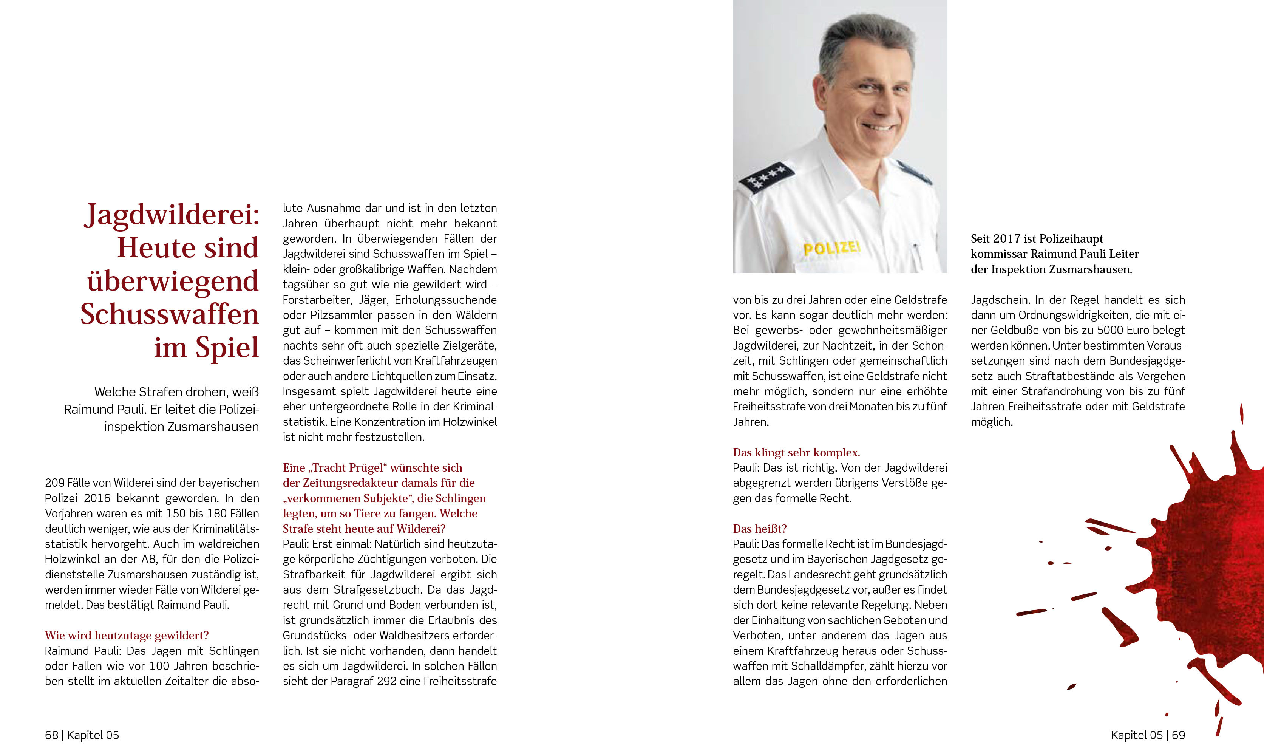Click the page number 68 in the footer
tap(52, 735)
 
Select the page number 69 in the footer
tap(1178, 735)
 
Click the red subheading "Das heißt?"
tap(759, 529)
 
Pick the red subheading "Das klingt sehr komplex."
tap(796, 453)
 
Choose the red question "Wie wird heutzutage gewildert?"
tap(127, 636)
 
